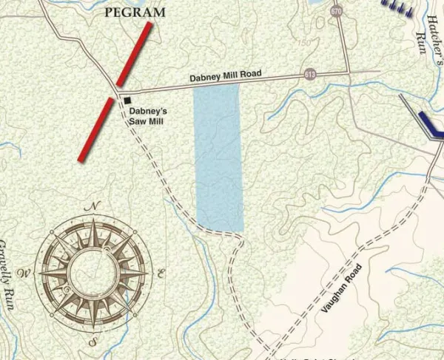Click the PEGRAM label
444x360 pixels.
[x=135, y=13]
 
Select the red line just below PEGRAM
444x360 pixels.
[x=134, y=54]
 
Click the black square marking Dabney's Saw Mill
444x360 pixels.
[x=127, y=100]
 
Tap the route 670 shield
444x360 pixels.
[x=337, y=12]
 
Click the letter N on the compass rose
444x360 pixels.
[x=94, y=206]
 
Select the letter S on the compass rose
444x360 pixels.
[x=92, y=342]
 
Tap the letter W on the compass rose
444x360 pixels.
[x=24, y=274]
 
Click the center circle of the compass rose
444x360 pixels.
[x=93, y=274]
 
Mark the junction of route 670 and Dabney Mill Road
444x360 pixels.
[x=348, y=72]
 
